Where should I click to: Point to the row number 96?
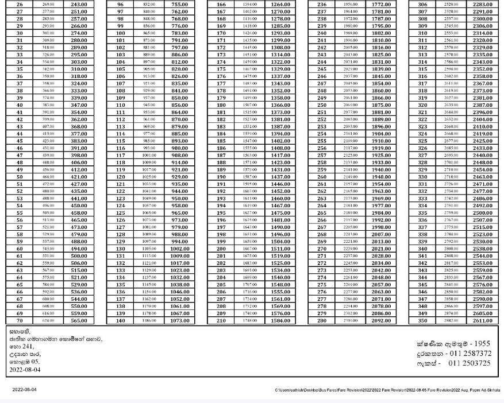click(120, 4)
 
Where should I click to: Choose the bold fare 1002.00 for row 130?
click(179, 249)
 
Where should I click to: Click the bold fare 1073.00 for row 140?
click(179, 320)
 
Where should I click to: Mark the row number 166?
click(221, 4)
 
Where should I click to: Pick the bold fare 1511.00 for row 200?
click(280, 249)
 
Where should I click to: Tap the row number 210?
click(221, 320)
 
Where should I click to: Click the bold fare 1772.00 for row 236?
click(381, 4)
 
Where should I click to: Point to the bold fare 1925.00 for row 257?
click(381, 155)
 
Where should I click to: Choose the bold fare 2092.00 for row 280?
click(381, 320)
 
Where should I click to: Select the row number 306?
click(422, 4)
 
